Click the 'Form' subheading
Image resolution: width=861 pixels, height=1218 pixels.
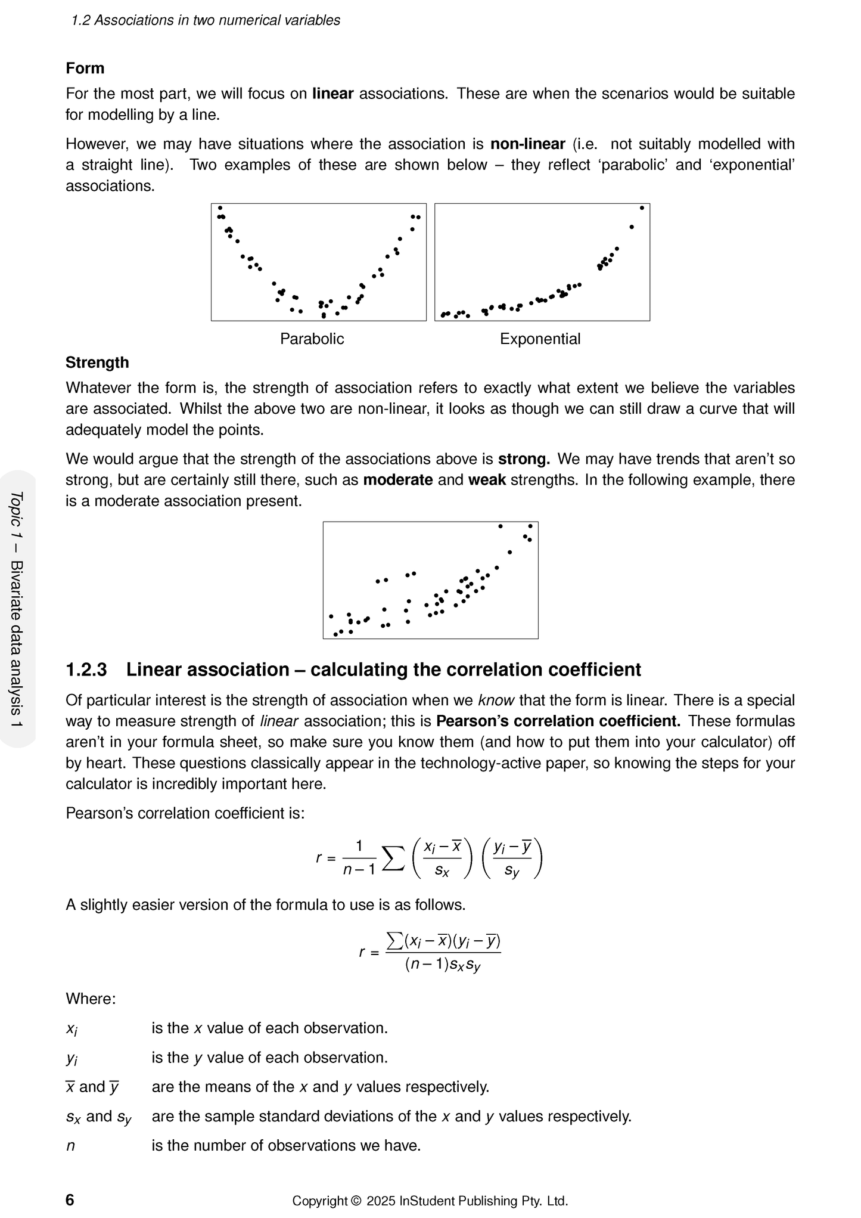point(85,69)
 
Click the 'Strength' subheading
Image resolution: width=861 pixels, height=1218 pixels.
point(97,362)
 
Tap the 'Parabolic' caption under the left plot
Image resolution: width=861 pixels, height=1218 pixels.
point(312,339)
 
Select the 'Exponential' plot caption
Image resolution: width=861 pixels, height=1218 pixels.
point(540,339)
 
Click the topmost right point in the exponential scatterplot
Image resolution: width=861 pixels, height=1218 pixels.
point(642,208)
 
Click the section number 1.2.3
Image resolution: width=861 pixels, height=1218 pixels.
point(86,670)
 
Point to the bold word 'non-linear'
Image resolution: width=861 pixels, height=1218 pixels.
point(527,144)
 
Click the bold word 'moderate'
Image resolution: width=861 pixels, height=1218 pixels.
point(397,480)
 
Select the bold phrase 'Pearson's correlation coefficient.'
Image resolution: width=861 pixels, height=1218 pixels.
point(558,721)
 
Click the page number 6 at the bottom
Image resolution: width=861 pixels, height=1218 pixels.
point(70,1200)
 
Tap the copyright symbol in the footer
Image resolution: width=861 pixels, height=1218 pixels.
point(356,1201)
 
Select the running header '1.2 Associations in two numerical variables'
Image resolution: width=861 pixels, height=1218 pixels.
point(206,20)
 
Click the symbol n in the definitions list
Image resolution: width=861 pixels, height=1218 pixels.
point(70,1145)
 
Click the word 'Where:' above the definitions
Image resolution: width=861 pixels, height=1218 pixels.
point(91,999)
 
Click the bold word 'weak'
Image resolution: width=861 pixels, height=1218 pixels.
point(487,480)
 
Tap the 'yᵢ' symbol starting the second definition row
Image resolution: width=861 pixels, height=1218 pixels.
point(72,1059)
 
